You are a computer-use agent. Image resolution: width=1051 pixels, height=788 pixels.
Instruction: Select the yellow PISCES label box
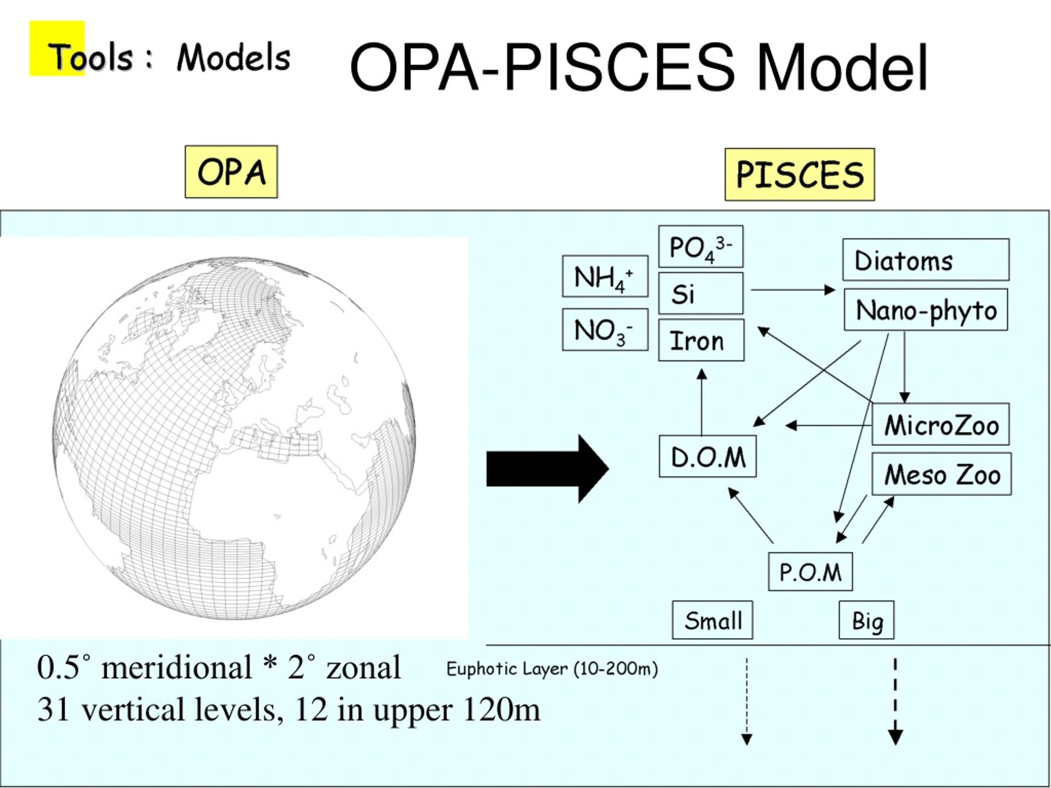coord(800,174)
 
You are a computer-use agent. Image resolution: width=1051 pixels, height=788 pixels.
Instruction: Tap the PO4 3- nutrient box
coord(701,247)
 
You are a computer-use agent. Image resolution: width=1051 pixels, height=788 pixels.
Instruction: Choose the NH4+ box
coord(605,277)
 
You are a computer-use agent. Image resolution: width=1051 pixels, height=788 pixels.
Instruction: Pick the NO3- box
coord(605,330)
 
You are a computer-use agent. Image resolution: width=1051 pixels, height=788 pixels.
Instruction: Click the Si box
coord(701,293)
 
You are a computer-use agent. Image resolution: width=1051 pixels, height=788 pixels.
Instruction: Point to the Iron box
coord(701,340)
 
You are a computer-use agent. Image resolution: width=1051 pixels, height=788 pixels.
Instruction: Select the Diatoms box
coord(926,260)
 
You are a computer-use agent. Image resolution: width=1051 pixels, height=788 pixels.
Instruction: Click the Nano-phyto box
coord(926,310)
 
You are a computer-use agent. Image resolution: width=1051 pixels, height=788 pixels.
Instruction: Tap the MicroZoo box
coord(941,424)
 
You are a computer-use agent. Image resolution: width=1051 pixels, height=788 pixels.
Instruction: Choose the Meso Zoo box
coord(942,474)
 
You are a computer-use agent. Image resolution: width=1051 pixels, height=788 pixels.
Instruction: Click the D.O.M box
coord(708,456)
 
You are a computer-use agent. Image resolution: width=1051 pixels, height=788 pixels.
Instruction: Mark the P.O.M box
coord(810,571)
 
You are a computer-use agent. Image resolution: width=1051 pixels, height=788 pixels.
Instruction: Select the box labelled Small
coord(713,620)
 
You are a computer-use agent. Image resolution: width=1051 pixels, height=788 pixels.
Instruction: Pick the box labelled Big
coord(867,620)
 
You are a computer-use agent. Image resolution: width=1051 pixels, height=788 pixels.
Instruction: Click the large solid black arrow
coord(547,468)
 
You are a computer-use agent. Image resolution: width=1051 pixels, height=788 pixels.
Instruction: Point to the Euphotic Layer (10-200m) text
coord(552,669)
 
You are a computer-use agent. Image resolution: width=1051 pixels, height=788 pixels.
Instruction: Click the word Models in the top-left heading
coord(233,57)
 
